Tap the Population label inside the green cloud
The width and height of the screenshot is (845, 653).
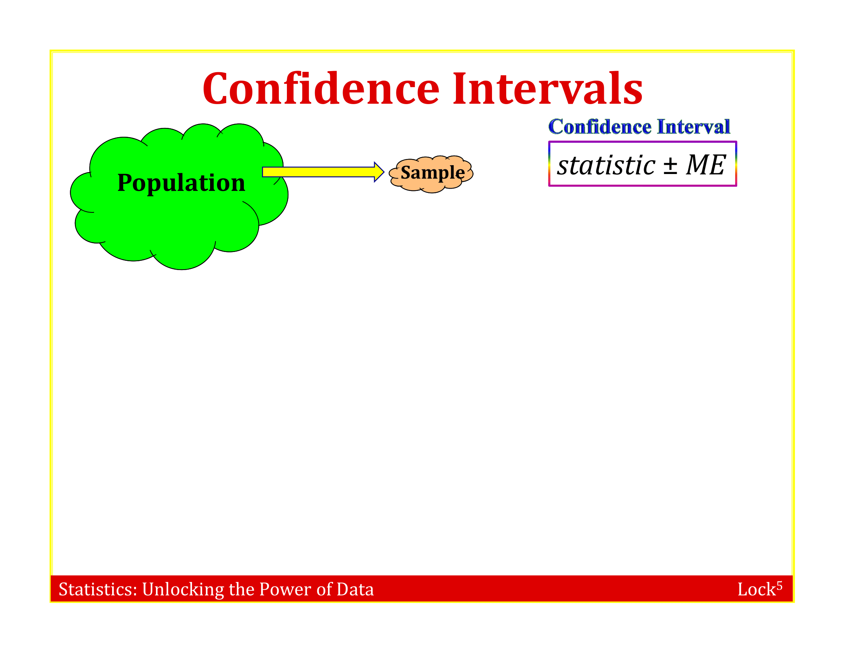pos(181,183)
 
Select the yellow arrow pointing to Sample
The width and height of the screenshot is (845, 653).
pos(323,172)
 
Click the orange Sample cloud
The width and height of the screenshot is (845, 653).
pos(431,174)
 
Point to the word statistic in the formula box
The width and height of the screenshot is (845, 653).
pos(606,166)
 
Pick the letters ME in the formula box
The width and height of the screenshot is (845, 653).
pos(705,165)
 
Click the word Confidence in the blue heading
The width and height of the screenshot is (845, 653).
pos(600,127)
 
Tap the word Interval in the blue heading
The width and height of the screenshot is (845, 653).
pos(694,127)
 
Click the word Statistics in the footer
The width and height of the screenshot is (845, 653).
pos(98,589)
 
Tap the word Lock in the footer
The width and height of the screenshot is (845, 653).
pos(756,590)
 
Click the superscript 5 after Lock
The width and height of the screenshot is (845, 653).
pos(779,586)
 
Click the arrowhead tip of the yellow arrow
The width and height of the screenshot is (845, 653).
pos(384,172)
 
